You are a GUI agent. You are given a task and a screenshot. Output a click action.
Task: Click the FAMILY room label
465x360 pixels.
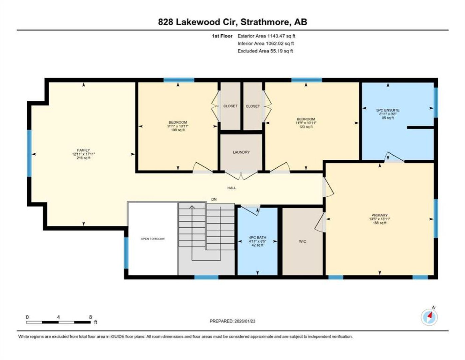(x=84, y=150)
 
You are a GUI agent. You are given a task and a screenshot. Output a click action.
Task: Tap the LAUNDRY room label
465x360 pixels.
(x=241, y=152)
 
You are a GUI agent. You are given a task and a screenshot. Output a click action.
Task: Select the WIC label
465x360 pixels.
(x=302, y=242)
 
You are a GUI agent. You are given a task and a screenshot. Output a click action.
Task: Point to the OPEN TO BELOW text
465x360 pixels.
(x=153, y=239)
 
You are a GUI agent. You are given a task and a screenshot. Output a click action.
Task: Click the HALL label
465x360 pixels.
(x=232, y=188)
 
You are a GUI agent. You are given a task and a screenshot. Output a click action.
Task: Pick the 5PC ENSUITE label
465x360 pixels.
(x=388, y=110)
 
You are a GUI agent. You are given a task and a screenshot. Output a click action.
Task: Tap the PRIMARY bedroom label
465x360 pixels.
(x=380, y=215)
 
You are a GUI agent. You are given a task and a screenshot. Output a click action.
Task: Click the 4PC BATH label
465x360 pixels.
(x=257, y=238)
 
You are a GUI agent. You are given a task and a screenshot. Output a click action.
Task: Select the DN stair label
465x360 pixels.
(x=214, y=199)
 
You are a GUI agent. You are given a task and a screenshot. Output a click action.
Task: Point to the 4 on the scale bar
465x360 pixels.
(x=58, y=317)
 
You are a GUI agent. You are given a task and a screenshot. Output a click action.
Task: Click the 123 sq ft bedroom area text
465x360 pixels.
(x=306, y=127)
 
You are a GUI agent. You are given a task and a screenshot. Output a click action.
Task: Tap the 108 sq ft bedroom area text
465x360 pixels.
(x=178, y=130)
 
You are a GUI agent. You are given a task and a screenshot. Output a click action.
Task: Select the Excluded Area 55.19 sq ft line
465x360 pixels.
(x=265, y=51)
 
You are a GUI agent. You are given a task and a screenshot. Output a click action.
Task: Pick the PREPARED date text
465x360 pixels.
(x=232, y=321)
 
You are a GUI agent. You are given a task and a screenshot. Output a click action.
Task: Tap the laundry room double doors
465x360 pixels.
(x=241, y=176)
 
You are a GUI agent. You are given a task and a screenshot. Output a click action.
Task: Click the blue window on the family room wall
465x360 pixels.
(x=29, y=153)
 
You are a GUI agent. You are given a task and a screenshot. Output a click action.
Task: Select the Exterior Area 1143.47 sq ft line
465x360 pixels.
(x=266, y=36)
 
